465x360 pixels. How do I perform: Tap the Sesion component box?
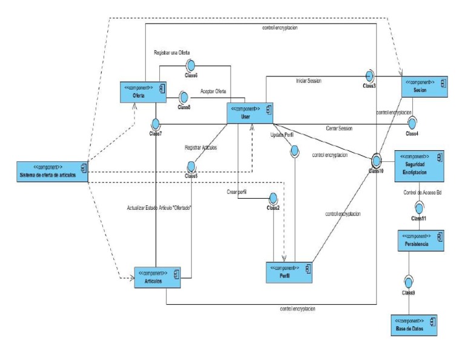(423, 85)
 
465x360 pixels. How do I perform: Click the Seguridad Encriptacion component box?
(420, 166)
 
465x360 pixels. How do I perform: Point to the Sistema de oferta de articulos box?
(52, 172)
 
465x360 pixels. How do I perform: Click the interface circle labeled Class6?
(190, 65)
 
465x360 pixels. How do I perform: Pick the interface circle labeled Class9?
(409, 282)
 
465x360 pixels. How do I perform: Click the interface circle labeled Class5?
(192, 165)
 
